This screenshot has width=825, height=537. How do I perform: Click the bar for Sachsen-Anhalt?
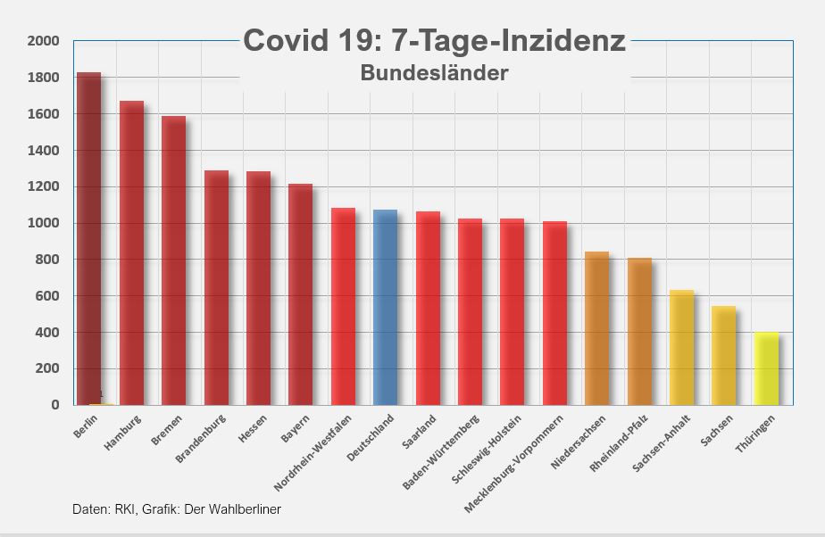(x=681, y=347)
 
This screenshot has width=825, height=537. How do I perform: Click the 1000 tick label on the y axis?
(x=43, y=224)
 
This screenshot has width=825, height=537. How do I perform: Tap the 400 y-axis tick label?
(x=46, y=333)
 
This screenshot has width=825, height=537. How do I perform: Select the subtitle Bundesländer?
(x=435, y=73)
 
